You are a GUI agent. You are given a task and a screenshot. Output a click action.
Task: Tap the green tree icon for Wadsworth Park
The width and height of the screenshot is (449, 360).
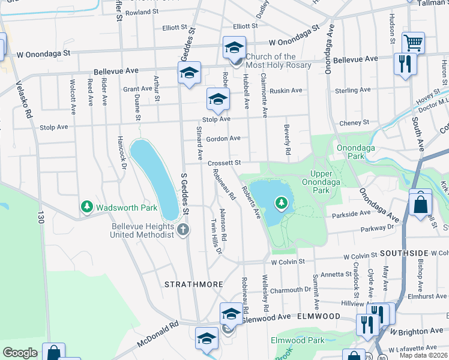(x=87, y=208)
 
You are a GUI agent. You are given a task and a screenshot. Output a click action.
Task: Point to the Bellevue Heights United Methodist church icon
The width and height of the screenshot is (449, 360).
(x=184, y=229)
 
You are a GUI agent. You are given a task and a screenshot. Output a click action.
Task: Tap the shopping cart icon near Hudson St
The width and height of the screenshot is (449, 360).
(x=413, y=43)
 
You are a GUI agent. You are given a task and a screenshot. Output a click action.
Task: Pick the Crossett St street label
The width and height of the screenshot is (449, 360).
(x=224, y=163)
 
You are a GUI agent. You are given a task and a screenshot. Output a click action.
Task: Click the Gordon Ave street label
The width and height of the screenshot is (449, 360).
(x=223, y=139)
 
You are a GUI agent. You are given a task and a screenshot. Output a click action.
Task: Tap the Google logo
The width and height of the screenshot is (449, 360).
(x=20, y=353)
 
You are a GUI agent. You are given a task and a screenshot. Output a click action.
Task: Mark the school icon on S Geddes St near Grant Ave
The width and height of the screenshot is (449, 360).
(x=189, y=73)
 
